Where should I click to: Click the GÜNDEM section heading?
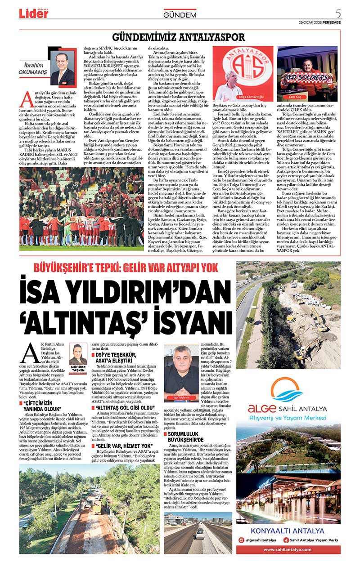click(x=180, y=15)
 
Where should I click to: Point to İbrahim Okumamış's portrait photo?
click(x=63, y=68)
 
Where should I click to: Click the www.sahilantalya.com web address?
click(x=288, y=549)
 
